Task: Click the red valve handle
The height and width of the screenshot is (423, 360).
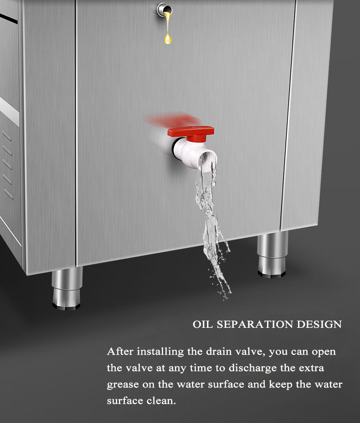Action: click(x=190, y=132)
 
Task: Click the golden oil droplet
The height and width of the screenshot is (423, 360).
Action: click(x=168, y=37)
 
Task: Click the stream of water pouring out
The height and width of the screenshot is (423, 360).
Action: click(x=211, y=219)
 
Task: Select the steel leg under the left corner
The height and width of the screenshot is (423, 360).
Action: click(x=67, y=289)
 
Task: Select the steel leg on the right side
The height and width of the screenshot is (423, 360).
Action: click(x=273, y=254)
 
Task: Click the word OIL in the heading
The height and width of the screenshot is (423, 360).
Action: click(x=202, y=325)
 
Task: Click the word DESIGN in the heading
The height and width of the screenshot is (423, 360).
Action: click(x=319, y=325)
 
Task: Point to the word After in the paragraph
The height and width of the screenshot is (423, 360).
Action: click(x=120, y=352)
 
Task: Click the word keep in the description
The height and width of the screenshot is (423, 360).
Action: click(x=280, y=385)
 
